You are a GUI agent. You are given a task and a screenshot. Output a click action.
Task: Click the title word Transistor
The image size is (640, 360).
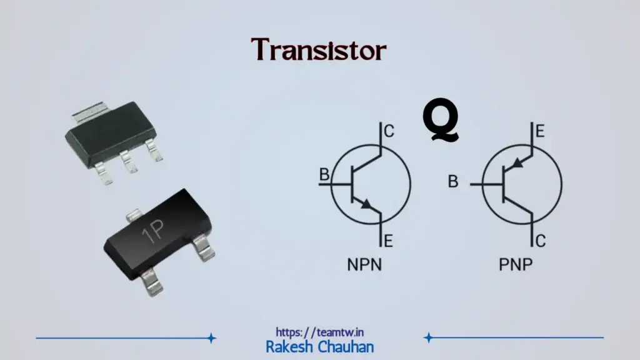[x=319, y=50]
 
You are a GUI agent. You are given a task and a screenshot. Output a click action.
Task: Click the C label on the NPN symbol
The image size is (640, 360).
[x=389, y=131]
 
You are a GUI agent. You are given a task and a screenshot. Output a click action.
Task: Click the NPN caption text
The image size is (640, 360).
[x=364, y=265]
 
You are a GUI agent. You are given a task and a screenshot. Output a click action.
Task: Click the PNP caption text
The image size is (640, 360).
[x=516, y=265]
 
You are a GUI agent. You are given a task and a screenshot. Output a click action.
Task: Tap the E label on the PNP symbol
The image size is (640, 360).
[x=539, y=131]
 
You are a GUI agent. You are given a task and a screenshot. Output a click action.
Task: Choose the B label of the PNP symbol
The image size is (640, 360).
[x=453, y=182]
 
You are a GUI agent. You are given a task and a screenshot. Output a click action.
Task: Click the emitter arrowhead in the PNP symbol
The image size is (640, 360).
[x=516, y=164]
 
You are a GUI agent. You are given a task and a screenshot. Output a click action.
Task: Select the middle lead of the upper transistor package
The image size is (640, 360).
[x=129, y=162]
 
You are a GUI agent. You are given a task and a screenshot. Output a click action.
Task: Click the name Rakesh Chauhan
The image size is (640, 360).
[x=319, y=346]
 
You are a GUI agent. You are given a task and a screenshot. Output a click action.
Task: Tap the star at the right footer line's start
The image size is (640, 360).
[x=428, y=338]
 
